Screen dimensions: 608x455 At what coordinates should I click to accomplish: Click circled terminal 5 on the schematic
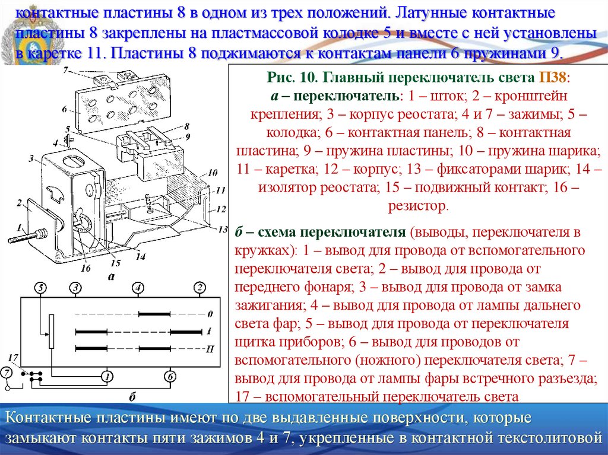pos(40,288)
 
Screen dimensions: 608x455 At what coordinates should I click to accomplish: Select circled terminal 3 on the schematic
pos(75,288)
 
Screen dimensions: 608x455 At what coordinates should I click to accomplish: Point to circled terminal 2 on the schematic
pos(200,288)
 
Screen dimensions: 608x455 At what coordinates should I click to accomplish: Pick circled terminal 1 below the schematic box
pos(106,376)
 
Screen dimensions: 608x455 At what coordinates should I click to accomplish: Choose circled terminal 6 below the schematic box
pos(169,376)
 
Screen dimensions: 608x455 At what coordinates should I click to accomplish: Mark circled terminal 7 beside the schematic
pos(6,373)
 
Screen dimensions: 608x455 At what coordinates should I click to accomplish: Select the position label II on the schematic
pos(209,349)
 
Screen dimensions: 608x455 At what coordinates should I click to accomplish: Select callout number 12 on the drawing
pos(221,209)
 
